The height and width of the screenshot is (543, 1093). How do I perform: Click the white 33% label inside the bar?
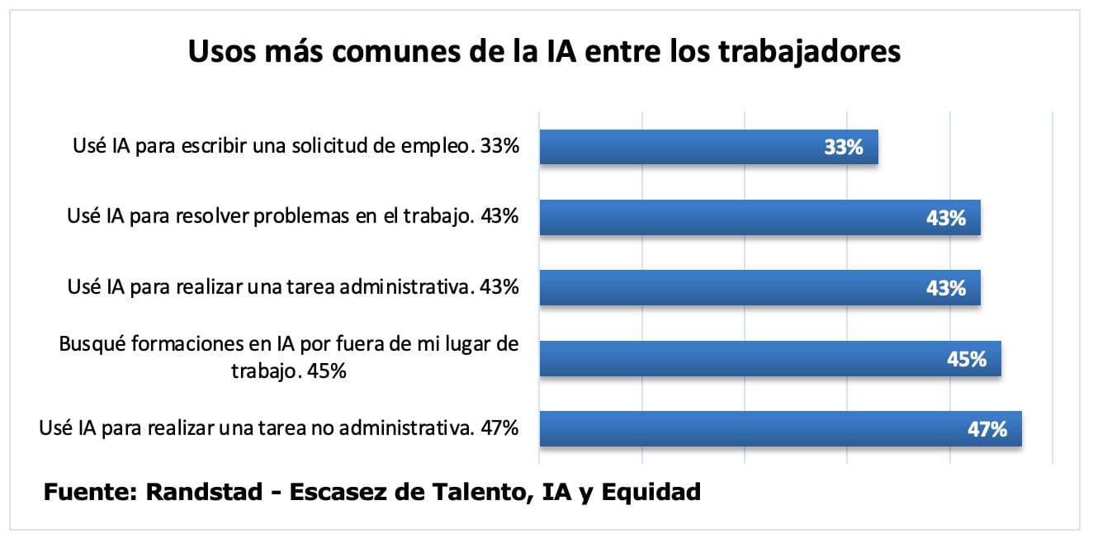point(843,149)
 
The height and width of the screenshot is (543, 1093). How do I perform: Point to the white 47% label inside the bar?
point(987,430)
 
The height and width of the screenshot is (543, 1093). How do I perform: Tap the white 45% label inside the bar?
point(967,360)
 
